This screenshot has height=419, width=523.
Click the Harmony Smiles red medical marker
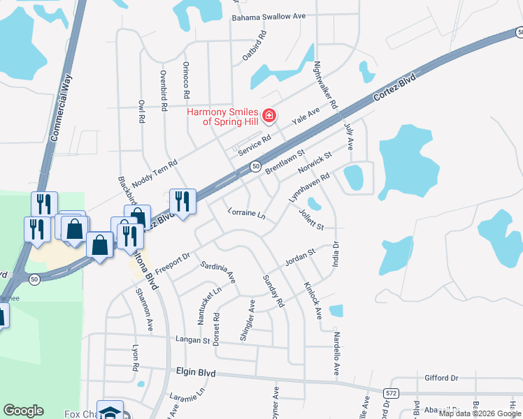[268, 115]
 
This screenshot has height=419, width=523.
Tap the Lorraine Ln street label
[247, 213]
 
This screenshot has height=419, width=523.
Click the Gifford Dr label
[441, 378]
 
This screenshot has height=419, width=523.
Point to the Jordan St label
[301, 257]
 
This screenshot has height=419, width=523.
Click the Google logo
[23, 411]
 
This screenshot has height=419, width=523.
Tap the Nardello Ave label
[336, 353]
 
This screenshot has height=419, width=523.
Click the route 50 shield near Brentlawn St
[256, 166]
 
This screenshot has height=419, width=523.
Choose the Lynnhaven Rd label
[309, 189]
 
